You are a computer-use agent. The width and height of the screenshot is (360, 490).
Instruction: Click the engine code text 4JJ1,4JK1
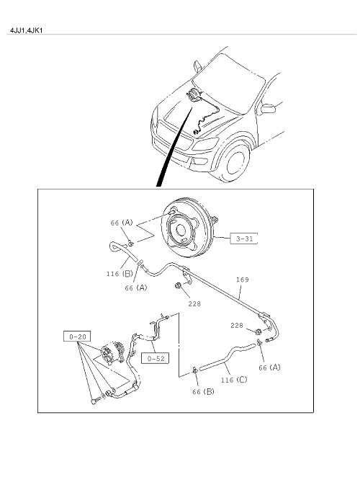pyautogui.click(x=26, y=30)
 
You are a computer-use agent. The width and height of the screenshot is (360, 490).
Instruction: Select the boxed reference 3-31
pyautogui.click(x=244, y=239)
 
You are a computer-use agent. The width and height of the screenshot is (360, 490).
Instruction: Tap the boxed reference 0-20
pyautogui.click(x=78, y=337)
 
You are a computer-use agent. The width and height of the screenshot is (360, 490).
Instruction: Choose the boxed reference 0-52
pyautogui.click(x=156, y=358)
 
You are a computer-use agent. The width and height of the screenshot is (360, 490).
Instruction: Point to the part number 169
pyautogui.click(x=243, y=280)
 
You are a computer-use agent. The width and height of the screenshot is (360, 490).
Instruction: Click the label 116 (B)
pyautogui.click(x=120, y=274)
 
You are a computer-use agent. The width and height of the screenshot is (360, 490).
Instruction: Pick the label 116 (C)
pyautogui.click(x=234, y=380)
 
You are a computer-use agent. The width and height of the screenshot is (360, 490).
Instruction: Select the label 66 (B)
pyautogui.click(x=203, y=391)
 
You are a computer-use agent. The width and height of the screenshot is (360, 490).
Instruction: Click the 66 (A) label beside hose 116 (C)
pyautogui.click(x=269, y=367)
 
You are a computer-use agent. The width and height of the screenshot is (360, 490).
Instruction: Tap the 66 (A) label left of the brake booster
pyautogui.click(x=122, y=223)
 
